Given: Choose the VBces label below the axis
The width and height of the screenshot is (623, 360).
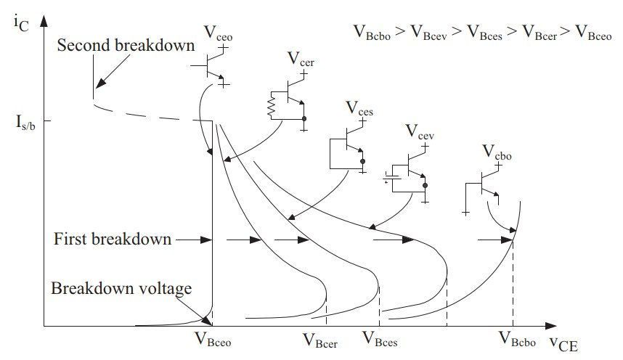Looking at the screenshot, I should pyautogui.click(x=380, y=339).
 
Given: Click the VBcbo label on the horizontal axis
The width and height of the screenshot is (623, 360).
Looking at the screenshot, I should pyautogui.click(x=518, y=337).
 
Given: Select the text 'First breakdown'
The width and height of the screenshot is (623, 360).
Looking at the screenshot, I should pyautogui.click(x=113, y=239).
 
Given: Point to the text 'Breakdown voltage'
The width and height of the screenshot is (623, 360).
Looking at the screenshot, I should pyautogui.click(x=121, y=289).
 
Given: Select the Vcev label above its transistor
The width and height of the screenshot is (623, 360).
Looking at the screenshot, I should pyautogui.click(x=421, y=131).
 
